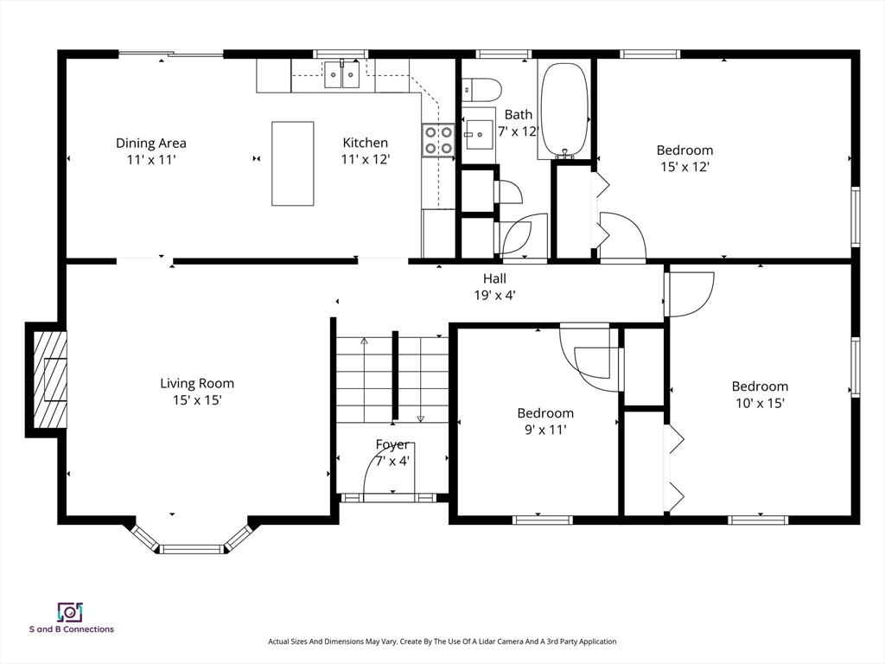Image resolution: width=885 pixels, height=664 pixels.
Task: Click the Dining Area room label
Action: point(150,144)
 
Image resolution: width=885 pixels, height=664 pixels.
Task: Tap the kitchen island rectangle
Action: point(292,163)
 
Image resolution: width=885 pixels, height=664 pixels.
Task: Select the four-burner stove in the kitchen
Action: point(438,141)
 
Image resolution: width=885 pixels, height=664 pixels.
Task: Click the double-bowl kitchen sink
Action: point(342,75)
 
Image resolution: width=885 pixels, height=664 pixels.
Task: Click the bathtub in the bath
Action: point(564,109)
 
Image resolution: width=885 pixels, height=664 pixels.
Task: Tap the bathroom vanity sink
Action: point(478,134)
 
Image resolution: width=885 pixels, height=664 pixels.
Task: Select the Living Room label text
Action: point(197,383)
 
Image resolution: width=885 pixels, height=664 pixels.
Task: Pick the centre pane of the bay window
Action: point(192,548)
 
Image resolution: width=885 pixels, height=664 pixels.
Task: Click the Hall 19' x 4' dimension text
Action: point(495,295)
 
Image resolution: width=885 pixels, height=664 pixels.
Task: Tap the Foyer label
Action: point(392,444)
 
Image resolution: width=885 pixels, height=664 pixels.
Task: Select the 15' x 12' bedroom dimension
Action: point(684,167)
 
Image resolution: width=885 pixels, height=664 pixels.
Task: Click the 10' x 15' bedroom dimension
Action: point(761,403)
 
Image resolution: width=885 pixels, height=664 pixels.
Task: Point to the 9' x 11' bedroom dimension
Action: point(545,430)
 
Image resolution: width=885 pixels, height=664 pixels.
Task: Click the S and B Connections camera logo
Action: point(71,612)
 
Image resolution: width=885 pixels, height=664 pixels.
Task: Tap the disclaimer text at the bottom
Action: point(442,642)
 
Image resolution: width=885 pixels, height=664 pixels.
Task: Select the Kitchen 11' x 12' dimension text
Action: point(366,160)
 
